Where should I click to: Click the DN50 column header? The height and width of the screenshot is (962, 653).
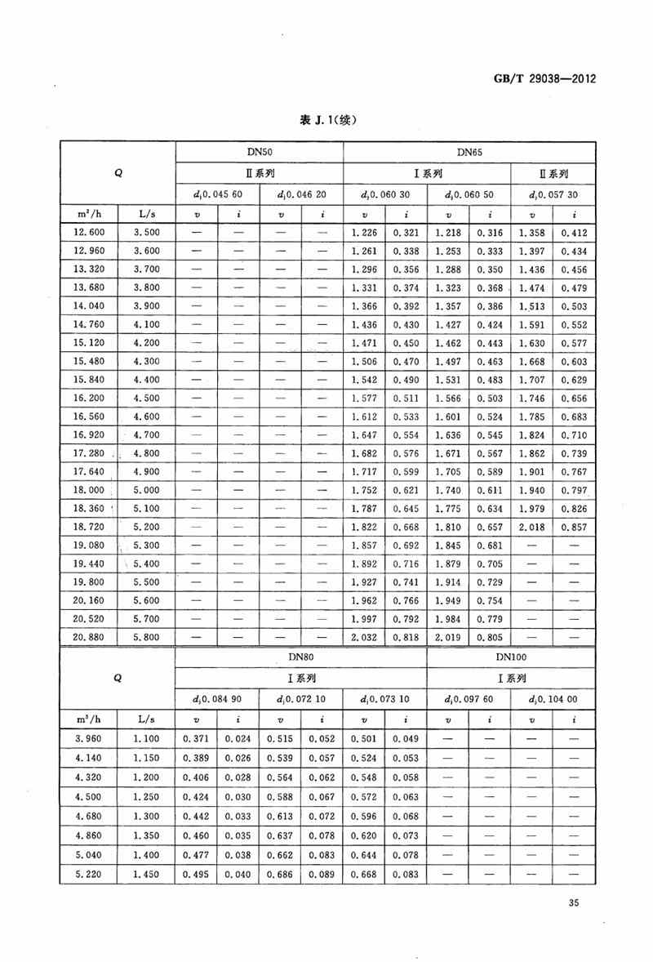pyautogui.click(x=260, y=151)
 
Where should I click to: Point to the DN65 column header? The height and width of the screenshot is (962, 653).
pyautogui.click(x=469, y=151)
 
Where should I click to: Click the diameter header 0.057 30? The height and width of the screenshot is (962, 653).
pyautogui.click(x=553, y=194)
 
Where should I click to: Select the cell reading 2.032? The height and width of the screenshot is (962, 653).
pyautogui.click(x=365, y=637)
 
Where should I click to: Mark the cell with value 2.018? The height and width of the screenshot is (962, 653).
pyautogui.click(x=531, y=528)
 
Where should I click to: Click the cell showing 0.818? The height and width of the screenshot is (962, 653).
pyautogui.click(x=406, y=637)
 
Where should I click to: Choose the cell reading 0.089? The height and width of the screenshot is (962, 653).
pyautogui.click(x=322, y=875)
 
